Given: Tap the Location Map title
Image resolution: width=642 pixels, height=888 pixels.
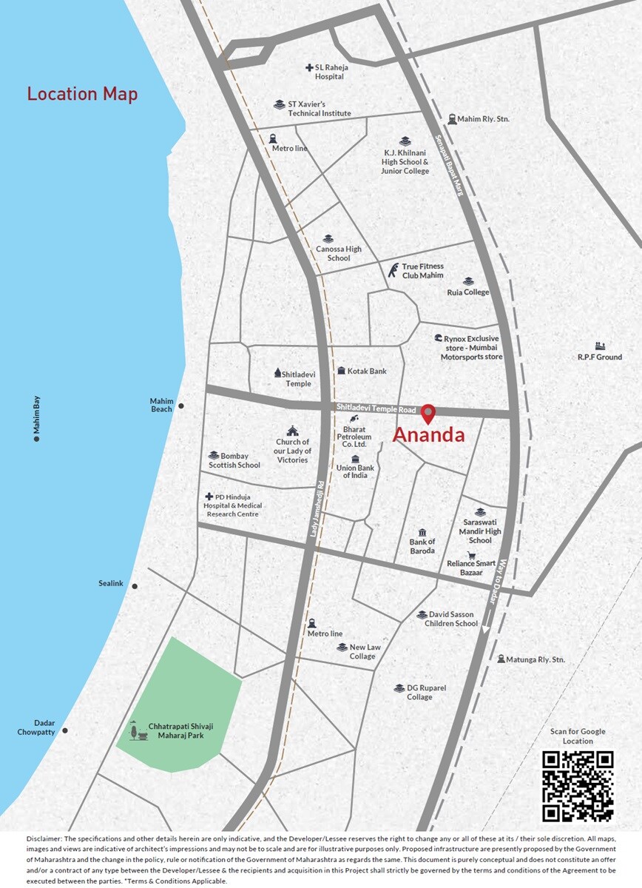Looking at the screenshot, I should (82, 95).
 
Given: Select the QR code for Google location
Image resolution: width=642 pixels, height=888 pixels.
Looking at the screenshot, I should (578, 786).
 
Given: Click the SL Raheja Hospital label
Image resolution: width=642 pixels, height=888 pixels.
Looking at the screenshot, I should (330, 72).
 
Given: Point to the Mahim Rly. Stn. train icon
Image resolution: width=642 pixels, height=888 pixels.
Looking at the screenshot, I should (451, 118).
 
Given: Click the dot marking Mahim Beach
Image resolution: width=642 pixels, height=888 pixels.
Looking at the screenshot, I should (181, 406).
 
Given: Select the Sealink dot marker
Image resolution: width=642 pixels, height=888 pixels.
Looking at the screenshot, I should (135, 586).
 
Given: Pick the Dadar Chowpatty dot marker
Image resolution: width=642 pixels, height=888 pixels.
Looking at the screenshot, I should (65, 730).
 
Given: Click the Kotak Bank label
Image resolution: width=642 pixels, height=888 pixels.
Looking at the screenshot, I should (367, 371).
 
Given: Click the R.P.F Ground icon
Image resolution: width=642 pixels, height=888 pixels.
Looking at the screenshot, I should (600, 346).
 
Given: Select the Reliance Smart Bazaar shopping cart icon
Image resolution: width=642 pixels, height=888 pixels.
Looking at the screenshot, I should (471, 555).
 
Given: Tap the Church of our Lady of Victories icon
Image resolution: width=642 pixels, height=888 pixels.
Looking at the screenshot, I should (292, 430).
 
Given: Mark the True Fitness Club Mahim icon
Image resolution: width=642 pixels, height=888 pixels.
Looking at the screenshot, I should (393, 270).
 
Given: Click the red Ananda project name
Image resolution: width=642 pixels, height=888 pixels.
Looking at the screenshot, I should (428, 435).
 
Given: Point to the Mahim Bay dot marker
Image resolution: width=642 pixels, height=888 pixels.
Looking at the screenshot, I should (36, 439).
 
